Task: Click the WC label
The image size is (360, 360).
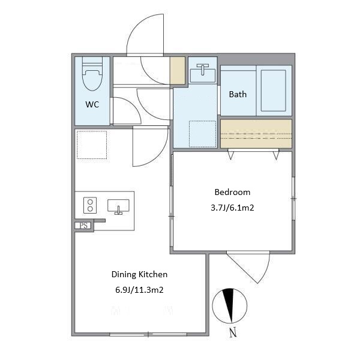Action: coord(92,104)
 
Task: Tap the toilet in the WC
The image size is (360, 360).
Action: coord(92,74)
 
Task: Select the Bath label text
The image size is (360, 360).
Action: coord(238,94)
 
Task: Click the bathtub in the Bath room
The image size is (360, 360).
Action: coord(274,91)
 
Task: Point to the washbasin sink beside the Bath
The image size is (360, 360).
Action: coord(203,73)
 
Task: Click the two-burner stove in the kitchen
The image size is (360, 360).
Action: coord(90,205)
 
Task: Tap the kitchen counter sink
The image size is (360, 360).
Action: coord(118,206)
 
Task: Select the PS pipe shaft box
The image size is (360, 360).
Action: coord(84,226)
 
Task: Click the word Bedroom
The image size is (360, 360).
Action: coord(232,192)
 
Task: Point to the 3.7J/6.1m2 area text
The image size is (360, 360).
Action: coord(232,208)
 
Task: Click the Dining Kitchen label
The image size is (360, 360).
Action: coord(139,274)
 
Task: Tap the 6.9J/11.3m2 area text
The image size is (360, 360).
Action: coord(139,290)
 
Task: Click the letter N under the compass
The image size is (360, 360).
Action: coord(233,332)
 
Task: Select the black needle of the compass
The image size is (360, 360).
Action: coord(229,303)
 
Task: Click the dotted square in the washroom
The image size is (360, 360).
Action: coord(203,134)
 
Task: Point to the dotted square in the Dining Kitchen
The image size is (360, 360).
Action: coord(92,145)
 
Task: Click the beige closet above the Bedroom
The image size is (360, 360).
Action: coord(256,134)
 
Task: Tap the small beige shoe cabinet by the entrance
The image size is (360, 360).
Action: coord(177,70)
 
